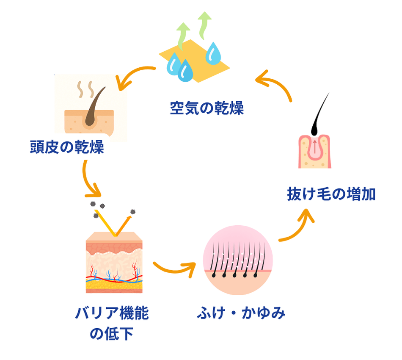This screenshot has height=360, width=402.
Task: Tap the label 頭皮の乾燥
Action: [67, 147]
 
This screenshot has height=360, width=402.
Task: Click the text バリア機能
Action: [112, 314]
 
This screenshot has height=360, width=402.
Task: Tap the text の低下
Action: [112, 335]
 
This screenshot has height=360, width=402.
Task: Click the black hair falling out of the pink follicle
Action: [320, 114]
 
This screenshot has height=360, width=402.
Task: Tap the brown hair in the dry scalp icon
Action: [92, 108]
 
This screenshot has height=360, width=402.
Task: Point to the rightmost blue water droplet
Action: [214, 53]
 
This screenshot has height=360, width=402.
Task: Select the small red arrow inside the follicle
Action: [315, 148]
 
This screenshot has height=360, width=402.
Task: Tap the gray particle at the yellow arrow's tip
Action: [132, 211]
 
